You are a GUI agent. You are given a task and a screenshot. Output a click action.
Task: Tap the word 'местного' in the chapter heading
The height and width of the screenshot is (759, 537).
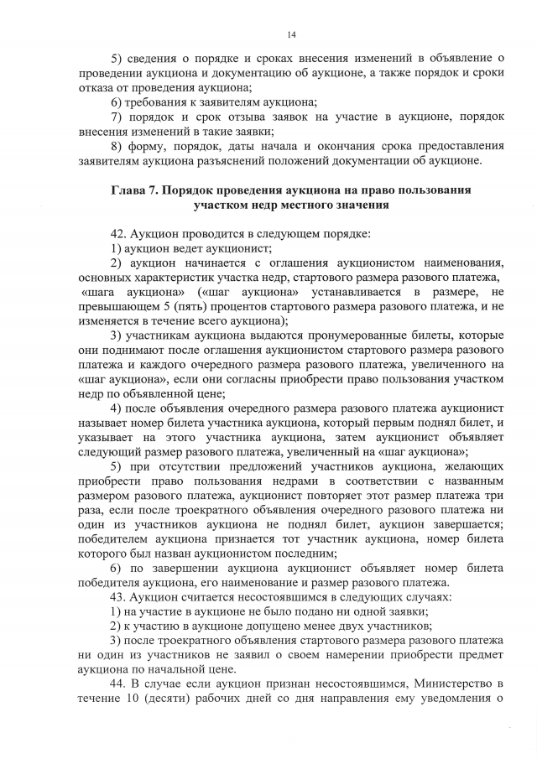(320, 204)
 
